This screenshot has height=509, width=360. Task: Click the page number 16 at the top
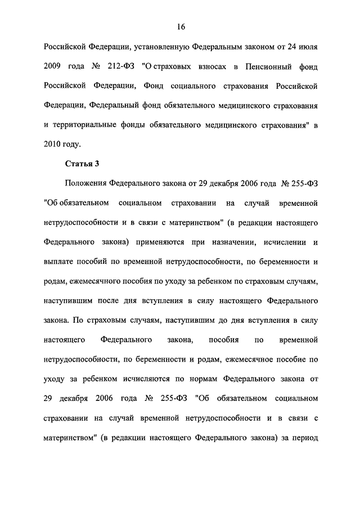click(x=180, y=27)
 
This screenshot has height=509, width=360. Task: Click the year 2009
click(x=52, y=67)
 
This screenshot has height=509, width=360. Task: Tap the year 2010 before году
click(x=52, y=144)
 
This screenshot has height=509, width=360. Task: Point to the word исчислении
click(x=281, y=241)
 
